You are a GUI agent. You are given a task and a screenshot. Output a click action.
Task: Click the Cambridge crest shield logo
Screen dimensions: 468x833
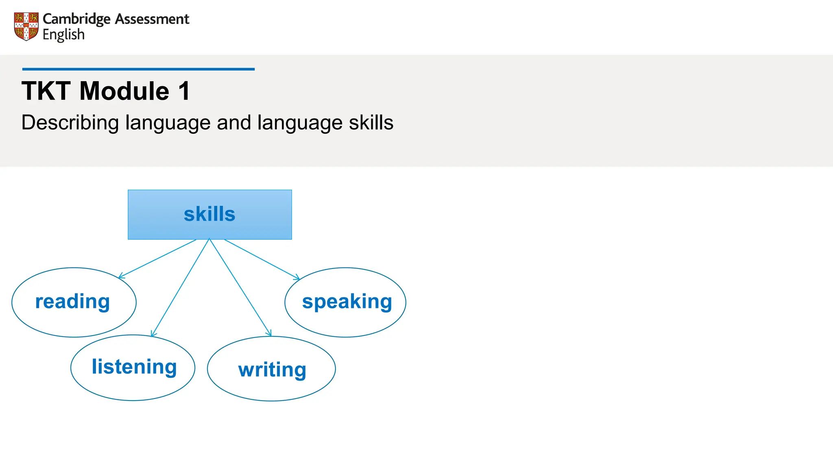tap(26, 26)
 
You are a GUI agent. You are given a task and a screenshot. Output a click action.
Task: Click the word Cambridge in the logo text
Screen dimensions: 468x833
tap(76, 19)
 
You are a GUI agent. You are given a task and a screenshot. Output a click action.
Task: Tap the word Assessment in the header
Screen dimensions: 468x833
tap(152, 19)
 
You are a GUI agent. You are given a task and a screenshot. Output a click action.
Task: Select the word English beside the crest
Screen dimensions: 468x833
tap(63, 35)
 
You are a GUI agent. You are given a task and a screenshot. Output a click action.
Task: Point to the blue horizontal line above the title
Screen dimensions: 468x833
tap(138, 69)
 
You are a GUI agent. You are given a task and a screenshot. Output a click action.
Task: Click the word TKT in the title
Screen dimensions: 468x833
tap(46, 91)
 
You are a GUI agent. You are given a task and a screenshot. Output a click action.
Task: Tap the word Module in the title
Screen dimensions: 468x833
tap(124, 91)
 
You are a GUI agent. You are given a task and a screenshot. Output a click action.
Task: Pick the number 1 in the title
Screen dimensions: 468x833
tap(184, 91)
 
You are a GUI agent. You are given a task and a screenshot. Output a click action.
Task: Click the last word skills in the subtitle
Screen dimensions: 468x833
tap(371, 123)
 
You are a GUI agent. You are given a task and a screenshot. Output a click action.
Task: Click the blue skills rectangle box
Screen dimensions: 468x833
tap(209, 214)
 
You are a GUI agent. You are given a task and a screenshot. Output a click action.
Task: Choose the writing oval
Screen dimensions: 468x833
tap(271, 369)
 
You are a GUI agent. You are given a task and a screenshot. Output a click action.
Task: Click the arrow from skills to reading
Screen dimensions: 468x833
tap(158, 259)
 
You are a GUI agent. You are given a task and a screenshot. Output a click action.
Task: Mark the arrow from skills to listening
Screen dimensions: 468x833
tap(180, 288)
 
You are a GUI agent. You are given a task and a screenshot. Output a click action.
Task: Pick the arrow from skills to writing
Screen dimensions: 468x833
tap(240, 287)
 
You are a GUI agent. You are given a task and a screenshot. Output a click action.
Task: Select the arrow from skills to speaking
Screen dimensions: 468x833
tap(262, 259)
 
